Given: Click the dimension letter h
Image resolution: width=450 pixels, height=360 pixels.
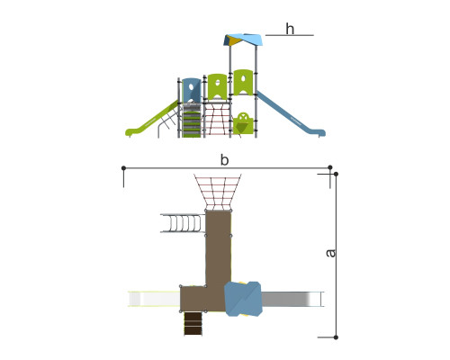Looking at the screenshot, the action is tap(290, 29).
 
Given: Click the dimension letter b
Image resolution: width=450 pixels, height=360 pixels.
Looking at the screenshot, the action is tap(224, 160).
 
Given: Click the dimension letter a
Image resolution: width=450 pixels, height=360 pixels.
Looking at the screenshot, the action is tap(330, 253).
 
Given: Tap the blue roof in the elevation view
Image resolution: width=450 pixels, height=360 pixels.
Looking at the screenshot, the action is tap(243, 40).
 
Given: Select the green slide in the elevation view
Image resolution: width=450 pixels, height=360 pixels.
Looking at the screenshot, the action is tap(151, 119).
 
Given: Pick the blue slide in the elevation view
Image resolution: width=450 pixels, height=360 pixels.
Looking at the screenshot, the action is tap(291, 114).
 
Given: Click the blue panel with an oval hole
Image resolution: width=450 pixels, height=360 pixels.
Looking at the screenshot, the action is tap(192, 90).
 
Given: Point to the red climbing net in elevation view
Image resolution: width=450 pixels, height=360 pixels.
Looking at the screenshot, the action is tap(217, 119).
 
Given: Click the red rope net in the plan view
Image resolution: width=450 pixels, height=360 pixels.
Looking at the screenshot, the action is tap(218, 192).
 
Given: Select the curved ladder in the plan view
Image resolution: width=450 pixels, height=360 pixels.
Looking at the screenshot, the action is tap(183, 223).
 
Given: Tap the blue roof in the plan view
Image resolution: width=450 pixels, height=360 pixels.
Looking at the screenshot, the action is tap(243, 299).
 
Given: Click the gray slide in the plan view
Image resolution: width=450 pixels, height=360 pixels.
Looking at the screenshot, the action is tap(292, 299).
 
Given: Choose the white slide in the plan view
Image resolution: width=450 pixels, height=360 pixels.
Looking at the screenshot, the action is tap(154, 299).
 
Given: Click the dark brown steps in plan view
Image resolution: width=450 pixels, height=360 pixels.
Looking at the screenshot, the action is tap(193, 323).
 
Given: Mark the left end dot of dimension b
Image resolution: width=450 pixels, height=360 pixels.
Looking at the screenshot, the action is tap(123, 167).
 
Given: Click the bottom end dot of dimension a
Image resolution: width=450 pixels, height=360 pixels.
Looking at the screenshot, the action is tap(336, 337).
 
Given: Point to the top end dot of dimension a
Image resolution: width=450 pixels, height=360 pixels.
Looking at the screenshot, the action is tap(336, 174).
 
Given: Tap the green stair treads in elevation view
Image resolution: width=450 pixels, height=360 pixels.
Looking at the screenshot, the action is tap(192, 124).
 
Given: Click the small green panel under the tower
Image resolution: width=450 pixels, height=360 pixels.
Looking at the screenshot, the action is tap(243, 123).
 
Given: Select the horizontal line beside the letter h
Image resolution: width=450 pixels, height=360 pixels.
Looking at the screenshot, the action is tap(290, 35).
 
